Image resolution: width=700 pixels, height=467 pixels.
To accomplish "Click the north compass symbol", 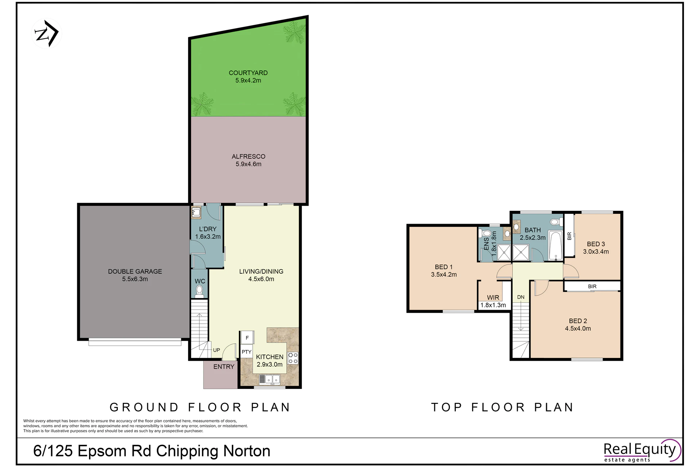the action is tap(47, 34).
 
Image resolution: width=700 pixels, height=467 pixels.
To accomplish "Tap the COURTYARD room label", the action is tap(248, 73).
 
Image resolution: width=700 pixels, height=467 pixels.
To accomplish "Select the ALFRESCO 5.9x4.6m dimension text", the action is tap(248, 164).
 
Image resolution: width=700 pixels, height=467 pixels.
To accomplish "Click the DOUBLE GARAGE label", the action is tap(135, 271).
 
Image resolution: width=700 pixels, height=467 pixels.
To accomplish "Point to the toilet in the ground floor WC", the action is tap(199, 292).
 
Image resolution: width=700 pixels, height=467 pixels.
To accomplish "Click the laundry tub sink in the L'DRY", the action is tap(196, 212).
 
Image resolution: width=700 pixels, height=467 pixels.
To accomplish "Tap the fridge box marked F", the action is tap(247, 338).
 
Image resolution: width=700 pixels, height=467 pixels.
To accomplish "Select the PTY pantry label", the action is tap(246, 352).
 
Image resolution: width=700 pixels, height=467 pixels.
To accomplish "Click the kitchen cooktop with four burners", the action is tap(293, 358).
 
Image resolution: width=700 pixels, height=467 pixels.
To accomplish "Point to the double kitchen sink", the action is tap(270, 380).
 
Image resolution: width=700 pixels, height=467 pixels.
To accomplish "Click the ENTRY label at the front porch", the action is tap(224, 367).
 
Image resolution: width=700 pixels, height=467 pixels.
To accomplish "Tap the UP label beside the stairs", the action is tap(217, 350).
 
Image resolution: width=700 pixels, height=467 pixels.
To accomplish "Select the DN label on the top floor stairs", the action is tap(521, 297).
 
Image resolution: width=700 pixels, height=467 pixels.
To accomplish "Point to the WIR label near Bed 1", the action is tap(493, 298).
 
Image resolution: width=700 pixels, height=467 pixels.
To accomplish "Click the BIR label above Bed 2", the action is tap(592, 287).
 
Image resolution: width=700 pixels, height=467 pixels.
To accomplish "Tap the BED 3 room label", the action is tap(596, 244).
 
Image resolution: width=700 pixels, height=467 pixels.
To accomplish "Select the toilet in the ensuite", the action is tap(486, 233).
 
